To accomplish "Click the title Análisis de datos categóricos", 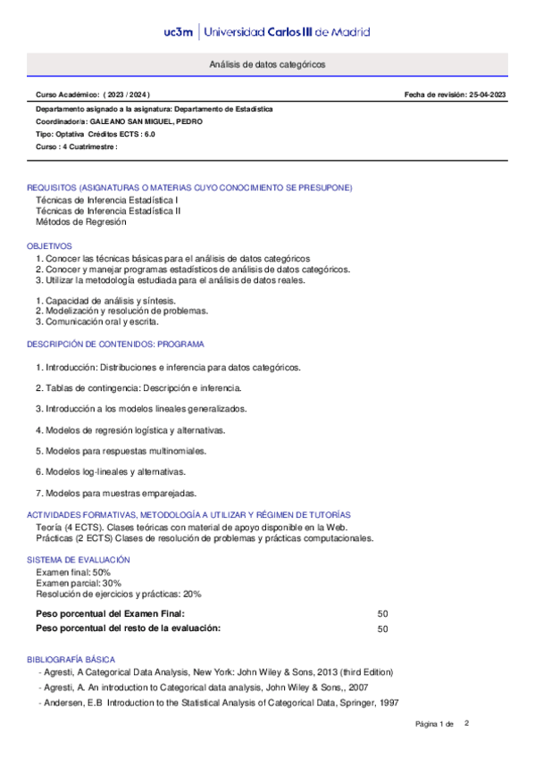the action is tap(267, 65).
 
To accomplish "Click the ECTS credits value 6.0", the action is tap(148, 133).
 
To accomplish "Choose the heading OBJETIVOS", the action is tap(49, 245).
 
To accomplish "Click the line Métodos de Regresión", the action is tap(80, 222).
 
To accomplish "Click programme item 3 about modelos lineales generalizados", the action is tap(141, 409).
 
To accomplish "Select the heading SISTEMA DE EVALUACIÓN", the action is tap(78, 560).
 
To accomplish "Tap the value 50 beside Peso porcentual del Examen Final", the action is tap(382, 614).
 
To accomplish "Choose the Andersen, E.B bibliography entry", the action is tap(219, 703).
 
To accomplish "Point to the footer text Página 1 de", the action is tap(435, 723).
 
